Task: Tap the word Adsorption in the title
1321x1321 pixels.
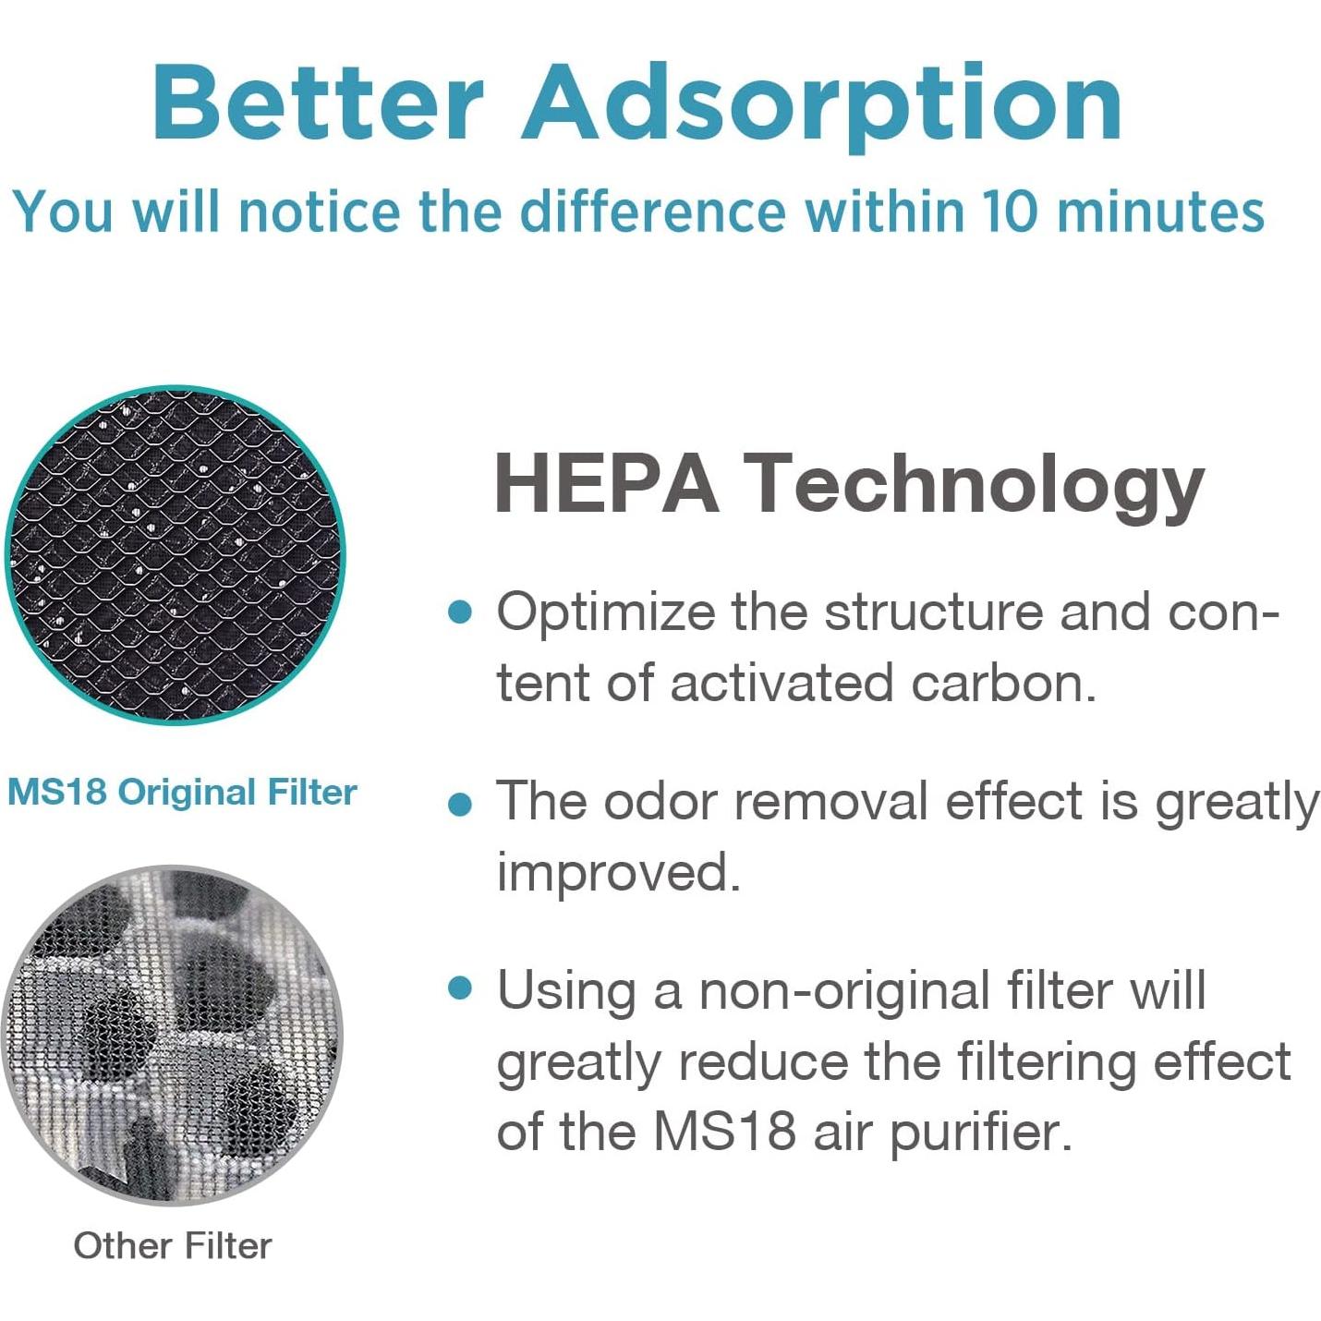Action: click(x=822, y=104)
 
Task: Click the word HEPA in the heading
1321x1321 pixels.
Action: click(x=606, y=482)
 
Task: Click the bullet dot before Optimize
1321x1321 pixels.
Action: click(x=460, y=612)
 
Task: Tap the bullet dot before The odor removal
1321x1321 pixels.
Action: click(x=460, y=804)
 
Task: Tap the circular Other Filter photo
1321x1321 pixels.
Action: click(x=172, y=1035)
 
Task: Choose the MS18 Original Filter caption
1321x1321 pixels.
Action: click(x=182, y=793)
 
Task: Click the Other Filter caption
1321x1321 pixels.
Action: click(x=173, y=1245)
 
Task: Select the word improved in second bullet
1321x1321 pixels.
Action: click(x=618, y=872)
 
